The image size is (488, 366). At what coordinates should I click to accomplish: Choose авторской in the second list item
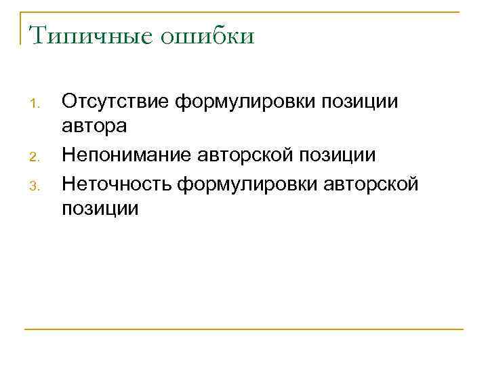254,155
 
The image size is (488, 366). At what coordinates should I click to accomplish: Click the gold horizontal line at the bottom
244,329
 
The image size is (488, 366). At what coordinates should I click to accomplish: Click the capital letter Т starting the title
37,35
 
